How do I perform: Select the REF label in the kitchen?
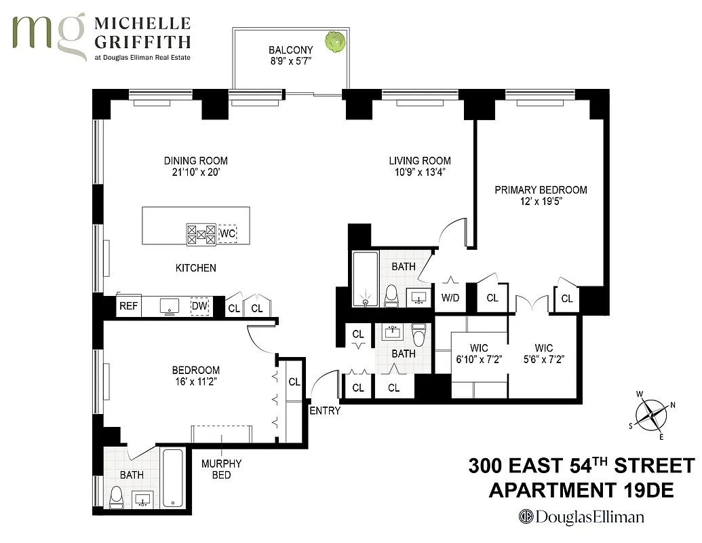[128, 306]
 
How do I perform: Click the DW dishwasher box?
[199, 306]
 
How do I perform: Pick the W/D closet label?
[450, 297]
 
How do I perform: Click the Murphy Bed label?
[221, 469]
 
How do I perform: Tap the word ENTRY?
[325, 411]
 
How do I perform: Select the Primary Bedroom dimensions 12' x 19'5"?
[541, 203]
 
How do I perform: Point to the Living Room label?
[419, 161]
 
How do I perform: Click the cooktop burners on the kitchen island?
[201, 234]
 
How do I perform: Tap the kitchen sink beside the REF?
[169, 305]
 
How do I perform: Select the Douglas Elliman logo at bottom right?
[581, 517]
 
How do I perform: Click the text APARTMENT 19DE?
[581, 490]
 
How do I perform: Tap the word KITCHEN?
[196, 268]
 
